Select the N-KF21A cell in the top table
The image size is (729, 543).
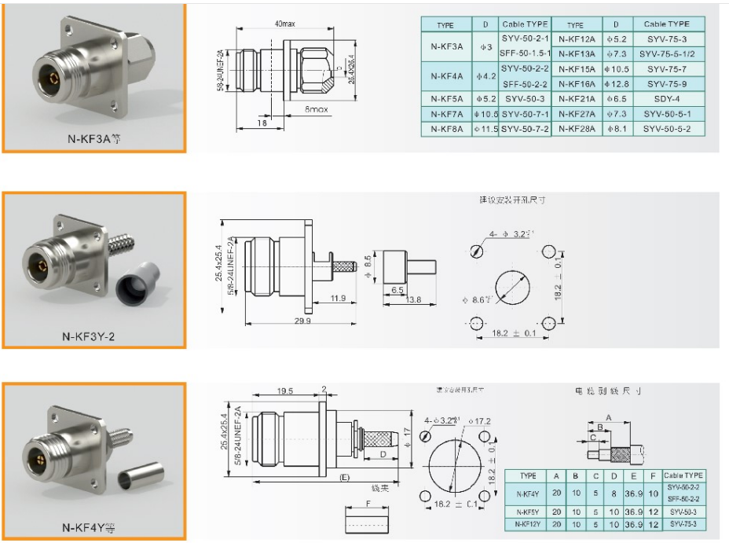pyautogui.click(x=577, y=99)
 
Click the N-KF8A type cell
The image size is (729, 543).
pyautogui.click(x=446, y=129)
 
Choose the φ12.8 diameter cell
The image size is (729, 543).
pyautogui.click(x=617, y=84)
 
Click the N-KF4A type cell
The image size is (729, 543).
pyautogui.click(x=446, y=76)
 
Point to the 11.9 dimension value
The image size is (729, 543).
pyautogui.click(x=339, y=299)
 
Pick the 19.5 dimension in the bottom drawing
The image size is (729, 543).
pyautogui.click(x=284, y=391)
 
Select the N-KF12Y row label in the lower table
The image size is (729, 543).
pyautogui.click(x=527, y=523)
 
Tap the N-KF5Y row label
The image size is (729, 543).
pyautogui.click(x=527, y=511)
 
